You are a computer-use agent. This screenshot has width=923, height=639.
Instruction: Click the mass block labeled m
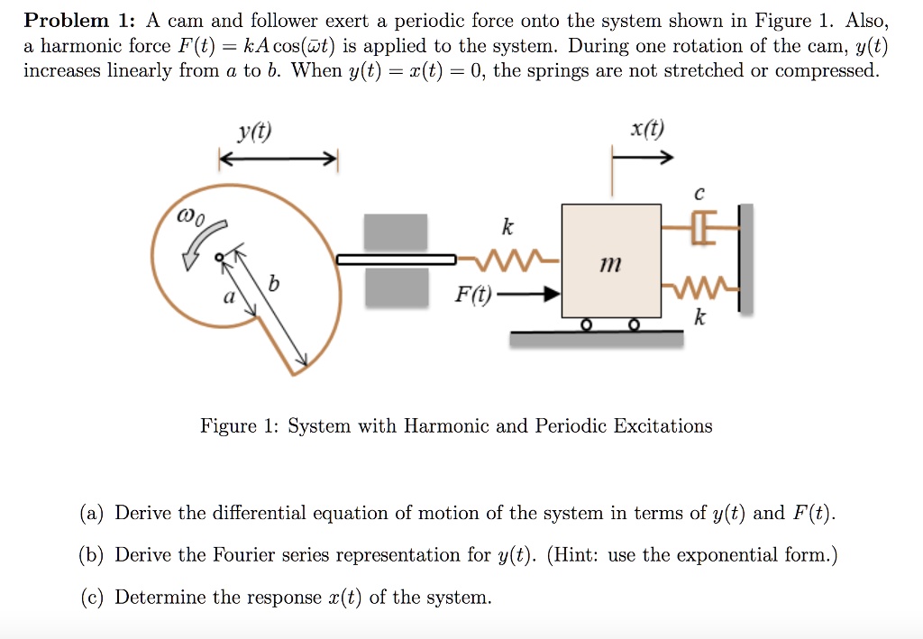click(x=611, y=260)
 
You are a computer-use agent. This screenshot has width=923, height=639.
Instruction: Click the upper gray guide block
click(x=396, y=232)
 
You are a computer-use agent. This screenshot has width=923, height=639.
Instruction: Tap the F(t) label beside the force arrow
click(x=474, y=294)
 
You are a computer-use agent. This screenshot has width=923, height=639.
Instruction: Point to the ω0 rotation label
click(x=192, y=217)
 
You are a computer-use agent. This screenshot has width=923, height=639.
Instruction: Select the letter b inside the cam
click(x=275, y=285)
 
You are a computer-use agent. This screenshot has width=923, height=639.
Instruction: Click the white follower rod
click(x=397, y=260)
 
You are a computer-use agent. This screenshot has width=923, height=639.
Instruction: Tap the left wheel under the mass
click(x=587, y=324)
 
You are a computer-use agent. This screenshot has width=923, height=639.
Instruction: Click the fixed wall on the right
click(x=745, y=258)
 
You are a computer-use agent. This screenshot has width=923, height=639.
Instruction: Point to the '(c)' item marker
click(x=92, y=598)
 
